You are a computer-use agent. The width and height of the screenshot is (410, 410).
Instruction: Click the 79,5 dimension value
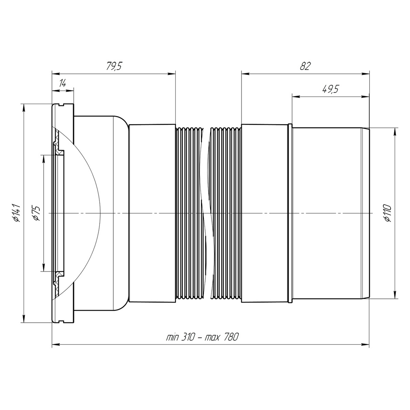coord(114,66)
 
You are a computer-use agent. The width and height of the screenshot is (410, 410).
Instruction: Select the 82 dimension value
coord(305,66)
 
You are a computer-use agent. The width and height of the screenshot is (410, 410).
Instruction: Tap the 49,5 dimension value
coord(330,89)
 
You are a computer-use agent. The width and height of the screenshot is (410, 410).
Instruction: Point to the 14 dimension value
coord(63,83)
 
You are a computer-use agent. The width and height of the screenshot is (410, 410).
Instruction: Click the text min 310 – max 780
coord(202,337)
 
